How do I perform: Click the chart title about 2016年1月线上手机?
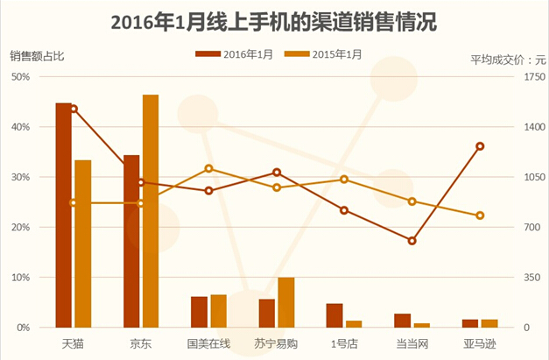[274, 22]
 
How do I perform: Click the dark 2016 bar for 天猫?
[63, 215]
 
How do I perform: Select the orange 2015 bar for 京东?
[151, 210]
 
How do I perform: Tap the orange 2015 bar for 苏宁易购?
[285, 302]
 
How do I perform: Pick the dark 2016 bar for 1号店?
[334, 315]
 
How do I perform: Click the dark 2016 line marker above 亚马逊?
[480, 146]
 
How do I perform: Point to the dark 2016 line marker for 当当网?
[412, 241]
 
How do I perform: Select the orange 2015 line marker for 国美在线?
[209, 168]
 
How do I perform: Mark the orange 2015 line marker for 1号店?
[344, 180]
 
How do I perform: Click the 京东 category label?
[140, 343]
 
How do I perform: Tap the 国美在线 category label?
[208, 343]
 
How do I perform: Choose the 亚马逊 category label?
[480, 343]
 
